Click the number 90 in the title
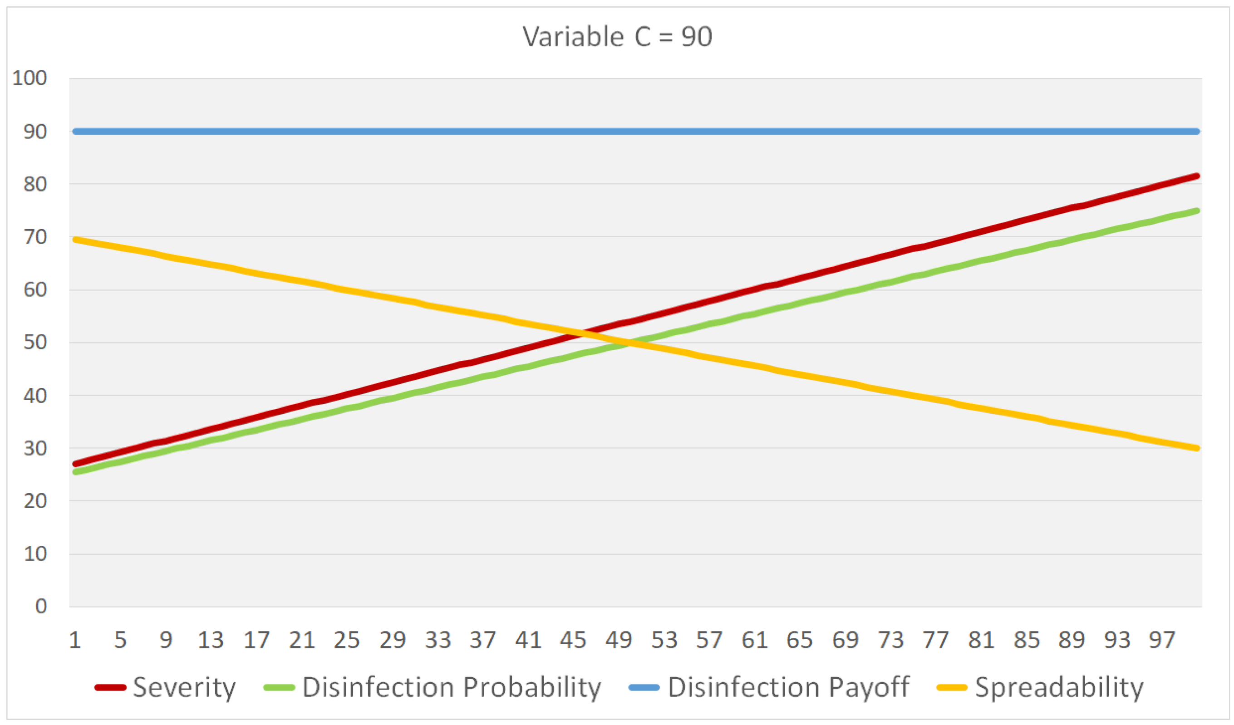click(x=696, y=37)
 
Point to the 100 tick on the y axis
click(x=29, y=78)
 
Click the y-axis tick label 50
click(x=35, y=343)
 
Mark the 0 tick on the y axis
click(x=41, y=607)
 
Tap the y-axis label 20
click(x=35, y=501)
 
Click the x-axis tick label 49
click(x=619, y=640)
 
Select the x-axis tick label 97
click(x=1161, y=640)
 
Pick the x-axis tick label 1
click(x=75, y=640)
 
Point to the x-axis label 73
click(x=890, y=640)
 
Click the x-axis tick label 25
click(x=347, y=640)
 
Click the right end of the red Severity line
click(x=1196, y=176)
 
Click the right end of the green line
click(x=1196, y=211)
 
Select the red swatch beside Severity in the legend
click(x=110, y=688)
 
